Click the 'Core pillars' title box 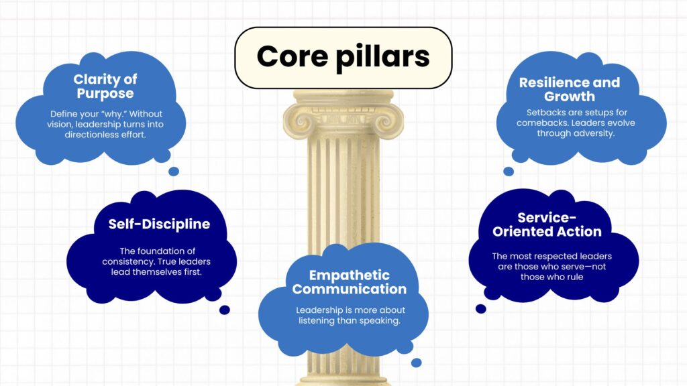(343, 58)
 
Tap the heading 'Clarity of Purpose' (105, 86)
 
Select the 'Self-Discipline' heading (159, 224)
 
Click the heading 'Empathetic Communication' (349, 282)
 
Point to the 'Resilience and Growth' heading (569, 89)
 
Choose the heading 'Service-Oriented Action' (547, 224)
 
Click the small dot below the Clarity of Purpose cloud (174, 172)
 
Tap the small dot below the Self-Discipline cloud (225, 310)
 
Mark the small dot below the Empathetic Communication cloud (416, 363)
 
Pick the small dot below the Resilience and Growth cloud (509, 172)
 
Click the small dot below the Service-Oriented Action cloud (481, 309)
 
